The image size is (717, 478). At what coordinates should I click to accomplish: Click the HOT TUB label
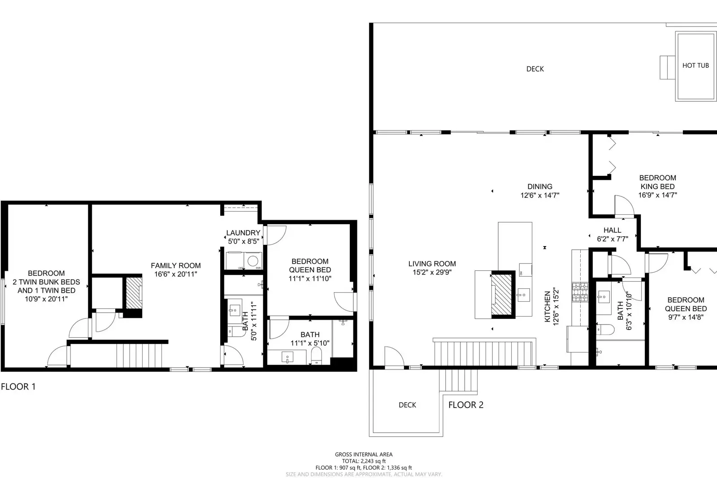[x=695, y=65]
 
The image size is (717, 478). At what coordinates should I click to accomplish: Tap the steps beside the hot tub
[x=667, y=67]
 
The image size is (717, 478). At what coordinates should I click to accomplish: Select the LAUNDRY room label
[x=243, y=233]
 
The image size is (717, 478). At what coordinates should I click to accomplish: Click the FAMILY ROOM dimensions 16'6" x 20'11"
[x=175, y=274]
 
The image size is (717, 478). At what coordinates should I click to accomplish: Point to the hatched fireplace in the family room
[x=133, y=292]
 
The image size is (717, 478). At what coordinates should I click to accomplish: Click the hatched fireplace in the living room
[x=502, y=294]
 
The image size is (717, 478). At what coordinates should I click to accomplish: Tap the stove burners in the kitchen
[x=579, y=291]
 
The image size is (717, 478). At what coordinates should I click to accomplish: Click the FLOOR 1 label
[x=18, y=387]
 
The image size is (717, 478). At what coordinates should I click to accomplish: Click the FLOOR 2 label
[x=466, y=405]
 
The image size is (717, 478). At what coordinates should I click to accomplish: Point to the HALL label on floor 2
[x=612, y=230]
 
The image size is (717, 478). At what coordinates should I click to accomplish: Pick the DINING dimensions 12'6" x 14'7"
[x=540, y=196]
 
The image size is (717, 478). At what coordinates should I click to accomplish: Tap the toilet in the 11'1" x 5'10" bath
[x=316, y=356]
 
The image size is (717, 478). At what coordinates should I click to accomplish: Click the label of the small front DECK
[x=407, y=405]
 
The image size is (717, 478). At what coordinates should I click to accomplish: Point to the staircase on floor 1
[x=139, y=355]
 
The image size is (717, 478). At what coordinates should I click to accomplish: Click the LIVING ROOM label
[x=432, y=264]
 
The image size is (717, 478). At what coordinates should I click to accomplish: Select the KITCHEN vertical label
[x=548, y=307]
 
